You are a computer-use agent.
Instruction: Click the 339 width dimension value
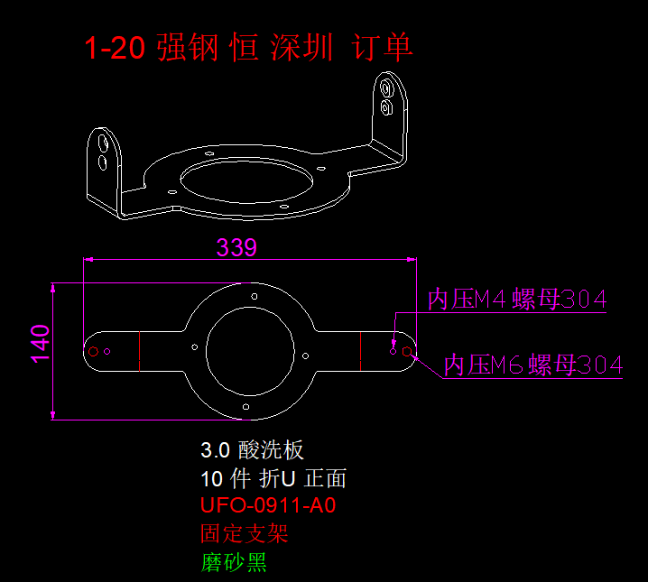[236, 247]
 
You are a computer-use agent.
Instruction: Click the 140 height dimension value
[41, 344]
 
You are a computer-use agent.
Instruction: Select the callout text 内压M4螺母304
[516, 300]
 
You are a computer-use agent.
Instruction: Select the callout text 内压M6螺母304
[533, 365]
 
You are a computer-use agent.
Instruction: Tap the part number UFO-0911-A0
[268, 505]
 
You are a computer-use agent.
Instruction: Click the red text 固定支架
[244, 533]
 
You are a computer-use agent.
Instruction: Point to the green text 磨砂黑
[234, 563]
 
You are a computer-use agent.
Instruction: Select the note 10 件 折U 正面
[273, 477]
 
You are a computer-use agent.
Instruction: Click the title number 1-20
[115, 48]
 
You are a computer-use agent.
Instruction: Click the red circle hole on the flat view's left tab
[92, 350]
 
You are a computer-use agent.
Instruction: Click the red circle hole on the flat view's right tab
[408, 350]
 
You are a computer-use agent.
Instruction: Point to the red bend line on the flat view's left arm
[140, 350]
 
